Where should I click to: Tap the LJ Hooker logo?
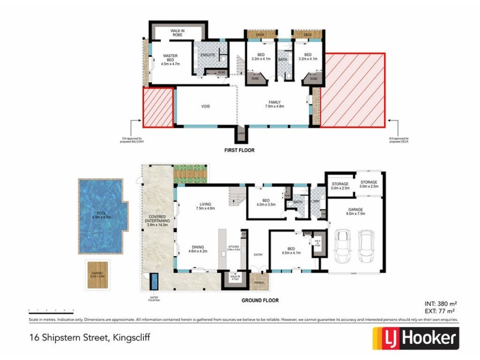415,338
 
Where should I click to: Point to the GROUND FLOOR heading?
259,299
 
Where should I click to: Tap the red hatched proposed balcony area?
158,107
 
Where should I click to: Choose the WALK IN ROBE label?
177,32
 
